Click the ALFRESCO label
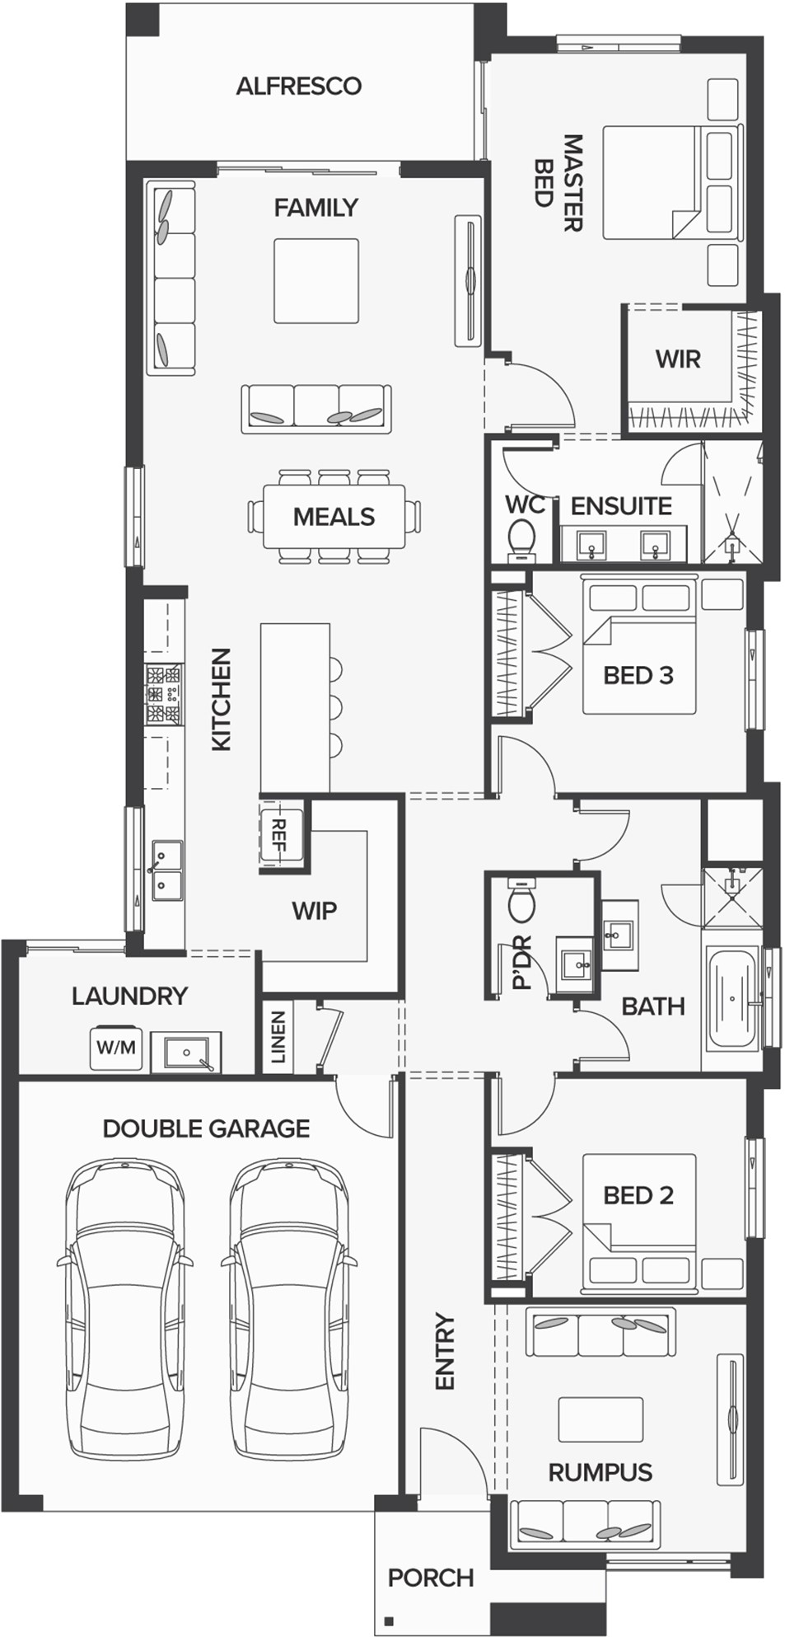pos(298,86)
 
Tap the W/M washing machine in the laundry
pos(115,1048)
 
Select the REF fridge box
pos(280,835)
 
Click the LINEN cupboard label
pos(278,1037)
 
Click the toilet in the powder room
pos(521,901)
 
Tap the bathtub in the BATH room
pos(732,998)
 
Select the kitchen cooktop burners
pos(163,695)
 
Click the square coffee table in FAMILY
pos(316,281)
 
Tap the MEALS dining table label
pos(334,517)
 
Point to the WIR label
pos(678,359)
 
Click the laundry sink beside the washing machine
pos(186,1052)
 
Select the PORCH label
pos(431,1578)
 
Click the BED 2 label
pos(638,1195)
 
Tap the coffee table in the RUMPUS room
pos(600,1419)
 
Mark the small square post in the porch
pos(390,1619)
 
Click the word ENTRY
pos(445,1351)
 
